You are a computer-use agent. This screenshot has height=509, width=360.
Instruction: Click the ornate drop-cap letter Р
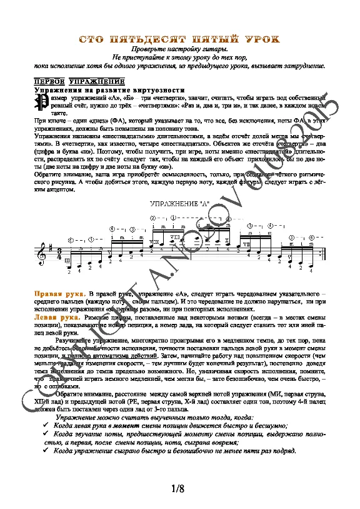click(x=41, y=102)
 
